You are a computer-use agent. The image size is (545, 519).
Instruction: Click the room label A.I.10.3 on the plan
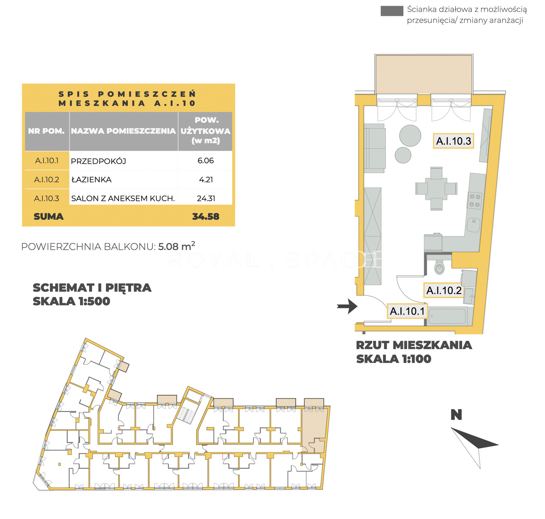[x=453, y=141]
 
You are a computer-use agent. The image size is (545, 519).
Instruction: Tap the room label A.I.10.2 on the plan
[x=444, y=290]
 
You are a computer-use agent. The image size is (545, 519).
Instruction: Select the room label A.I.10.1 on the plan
[x=407, y=311]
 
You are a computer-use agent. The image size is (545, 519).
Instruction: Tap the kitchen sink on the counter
[x=473, y=225]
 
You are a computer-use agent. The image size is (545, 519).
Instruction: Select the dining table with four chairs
[x=436, y=188]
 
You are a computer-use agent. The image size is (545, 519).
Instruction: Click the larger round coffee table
[x=410, y=136]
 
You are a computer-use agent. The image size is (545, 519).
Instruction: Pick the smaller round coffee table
[x=403, y=155]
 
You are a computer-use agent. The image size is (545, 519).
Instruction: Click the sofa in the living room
[x=375, y=148]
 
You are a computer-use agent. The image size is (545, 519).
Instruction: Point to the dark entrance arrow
[x=347, y=306]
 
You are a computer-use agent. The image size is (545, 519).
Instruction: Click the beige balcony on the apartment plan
[x=424, y=74]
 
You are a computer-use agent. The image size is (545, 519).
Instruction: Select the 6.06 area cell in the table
[x=206, y=161]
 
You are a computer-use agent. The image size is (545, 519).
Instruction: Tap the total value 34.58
[x=206, y=217]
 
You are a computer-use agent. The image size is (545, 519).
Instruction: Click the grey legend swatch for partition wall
[x=392, y=11]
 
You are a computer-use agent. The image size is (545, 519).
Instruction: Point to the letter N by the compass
[x=456, y=415]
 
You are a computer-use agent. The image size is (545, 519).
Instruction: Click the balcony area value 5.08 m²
[x=177, y=246]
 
